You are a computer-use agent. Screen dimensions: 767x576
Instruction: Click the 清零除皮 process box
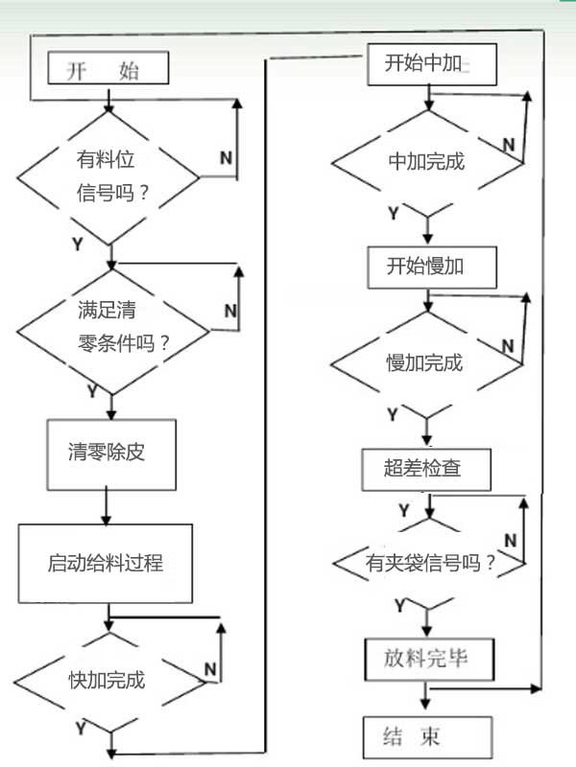click(107, 453)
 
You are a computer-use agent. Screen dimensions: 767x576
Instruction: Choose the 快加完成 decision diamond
click(107, 680)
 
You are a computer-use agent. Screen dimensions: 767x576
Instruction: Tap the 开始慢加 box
click(432, 266)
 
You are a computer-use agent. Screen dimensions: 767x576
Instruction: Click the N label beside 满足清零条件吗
click(230, 311)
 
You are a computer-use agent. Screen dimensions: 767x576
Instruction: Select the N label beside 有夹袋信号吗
click(510, 541)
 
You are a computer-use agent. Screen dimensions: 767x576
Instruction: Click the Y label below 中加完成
click(394, 212)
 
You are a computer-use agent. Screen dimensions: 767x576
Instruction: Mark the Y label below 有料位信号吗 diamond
click(78, 244)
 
